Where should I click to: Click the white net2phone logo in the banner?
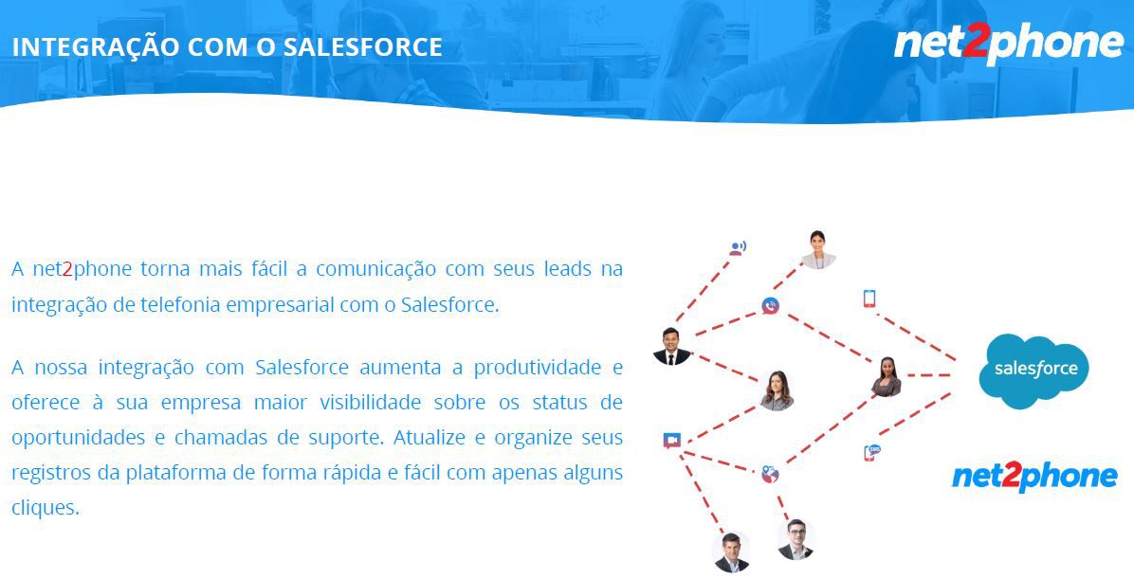point(1008,44)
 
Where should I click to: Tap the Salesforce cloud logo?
point(1034,371)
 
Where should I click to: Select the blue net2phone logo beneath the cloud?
point(1034,477)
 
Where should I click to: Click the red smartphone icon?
point(869,299)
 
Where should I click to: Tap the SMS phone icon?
point(872,453)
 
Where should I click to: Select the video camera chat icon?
point(672,440)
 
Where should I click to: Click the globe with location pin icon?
point(770,474)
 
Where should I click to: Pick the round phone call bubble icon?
point(770,306)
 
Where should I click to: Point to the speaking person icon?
point(737,248)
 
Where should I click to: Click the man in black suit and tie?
point(672,346)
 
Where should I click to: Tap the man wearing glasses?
point(796,539)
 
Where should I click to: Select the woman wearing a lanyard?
point(818,250)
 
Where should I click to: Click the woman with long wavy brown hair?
point(777,391)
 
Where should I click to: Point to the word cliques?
point(45,508)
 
